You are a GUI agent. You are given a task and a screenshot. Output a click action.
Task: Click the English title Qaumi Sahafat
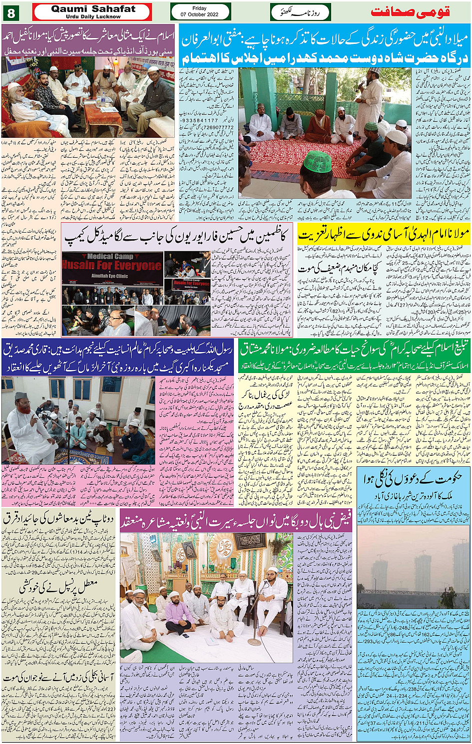click(93, 8)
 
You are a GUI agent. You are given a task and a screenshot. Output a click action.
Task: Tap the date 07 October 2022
click(200, 14)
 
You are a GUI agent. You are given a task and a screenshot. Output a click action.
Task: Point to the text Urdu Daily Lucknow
click(93, 16)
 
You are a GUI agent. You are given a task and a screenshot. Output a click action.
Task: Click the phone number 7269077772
click(202, 127)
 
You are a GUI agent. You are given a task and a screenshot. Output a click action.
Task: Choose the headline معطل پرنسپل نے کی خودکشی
click(59, 587)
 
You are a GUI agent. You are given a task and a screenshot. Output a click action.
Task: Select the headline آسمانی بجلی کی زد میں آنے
click(59, 678)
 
